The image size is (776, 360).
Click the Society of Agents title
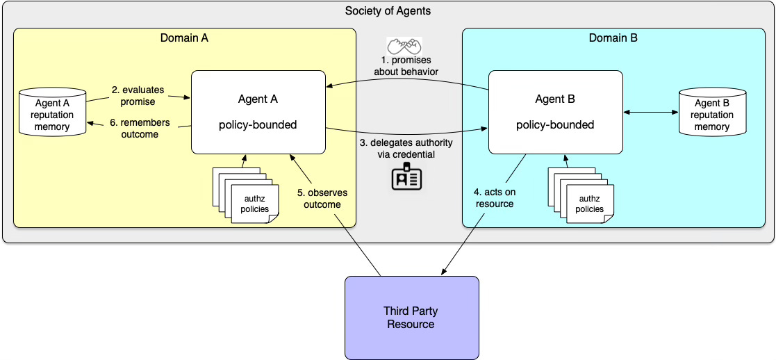pyautogui.click(x=388, y=11)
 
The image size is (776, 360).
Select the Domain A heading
pyautogui.click(x=184, y=38)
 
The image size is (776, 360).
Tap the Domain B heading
pyautogui.click(x=613, y=38)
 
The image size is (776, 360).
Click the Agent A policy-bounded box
pyautogui.click(x=258, y=112)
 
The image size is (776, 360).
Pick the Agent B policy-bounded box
pyautogui.click(x=555, y=112)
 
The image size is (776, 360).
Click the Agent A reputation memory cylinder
pyautogui.click(x=53, y=112)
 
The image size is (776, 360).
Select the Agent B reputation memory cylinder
pyautogui.click(x=712, y=112)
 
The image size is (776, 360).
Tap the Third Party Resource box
pyautogui.click(x=412, y=318)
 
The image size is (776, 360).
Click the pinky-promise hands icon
pyautogui.click(x=404, y=46)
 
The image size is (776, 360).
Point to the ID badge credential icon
pyautogui.click(x=407, y=177)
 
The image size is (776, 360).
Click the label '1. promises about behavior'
pyautogui.click(x=407, y=66)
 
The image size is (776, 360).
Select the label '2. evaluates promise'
pyautogui.click(x=138, y=96)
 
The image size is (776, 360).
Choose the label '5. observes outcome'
pyautogui.click(x=322, y=198)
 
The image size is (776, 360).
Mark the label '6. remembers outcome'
pyautogui.click(x=140, y=128)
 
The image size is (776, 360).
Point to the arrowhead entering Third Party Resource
pyautogui.click(x=443, y=272)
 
